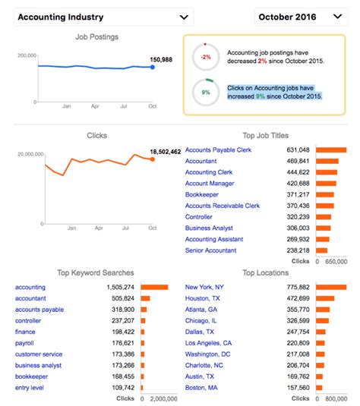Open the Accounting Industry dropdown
click(103, 17)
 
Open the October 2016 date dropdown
click(300, 17)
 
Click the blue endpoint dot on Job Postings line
click(152, 68)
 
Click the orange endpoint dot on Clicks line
click(152, 159)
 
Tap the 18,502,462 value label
click(166, 152)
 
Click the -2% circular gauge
click(205, 55)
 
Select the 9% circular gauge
click(205, 91)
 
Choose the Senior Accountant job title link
click(210, 250)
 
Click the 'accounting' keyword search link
click(30, 287)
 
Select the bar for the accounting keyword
click(155, 287)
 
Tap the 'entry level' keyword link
click(30, 388)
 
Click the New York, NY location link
click(204, 287)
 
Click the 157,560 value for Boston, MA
click(295, 388)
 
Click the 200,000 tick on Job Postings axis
click(26, 55)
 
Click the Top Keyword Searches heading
click(96, 272)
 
